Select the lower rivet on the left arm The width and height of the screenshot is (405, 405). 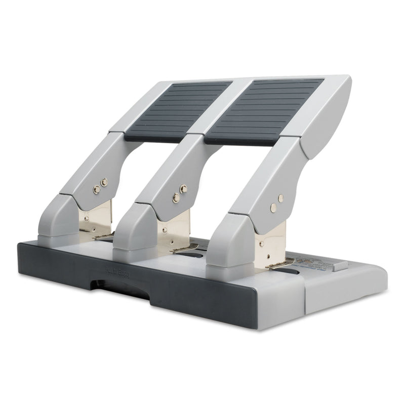coord(96,189)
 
